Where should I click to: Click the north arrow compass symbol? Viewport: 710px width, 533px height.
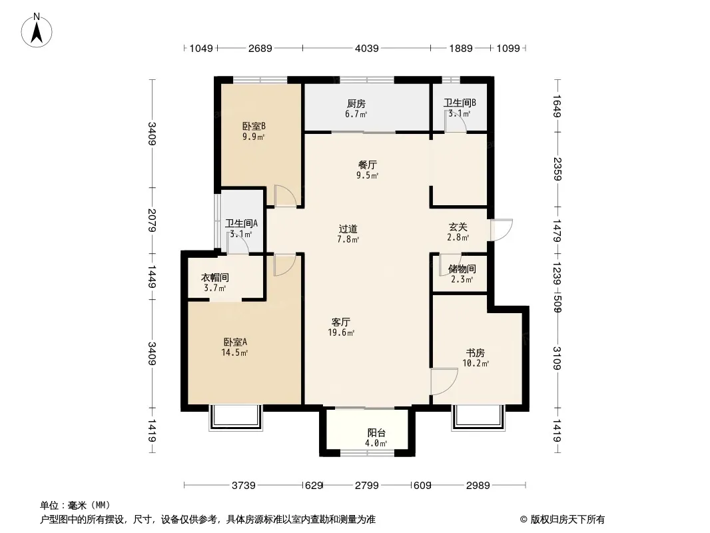point(37,31)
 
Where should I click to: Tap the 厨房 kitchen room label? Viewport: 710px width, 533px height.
point(356,104)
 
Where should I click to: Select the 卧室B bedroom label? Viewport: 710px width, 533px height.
point(254,126)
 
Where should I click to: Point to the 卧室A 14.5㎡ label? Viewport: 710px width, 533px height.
point(234,347)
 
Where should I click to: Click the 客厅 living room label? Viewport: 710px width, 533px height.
point(340,322)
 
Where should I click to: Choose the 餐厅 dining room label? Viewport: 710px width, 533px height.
point(367,165)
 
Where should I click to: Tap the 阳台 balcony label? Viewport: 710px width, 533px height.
point(376,433)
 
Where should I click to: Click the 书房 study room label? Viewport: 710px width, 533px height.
point(476,352)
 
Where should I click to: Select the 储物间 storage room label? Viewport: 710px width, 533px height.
point(462,269)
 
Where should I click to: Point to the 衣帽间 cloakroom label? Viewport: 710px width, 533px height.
point(215,278)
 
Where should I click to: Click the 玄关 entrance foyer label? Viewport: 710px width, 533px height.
point(458,227)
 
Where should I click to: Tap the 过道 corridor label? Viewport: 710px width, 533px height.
point(348,229)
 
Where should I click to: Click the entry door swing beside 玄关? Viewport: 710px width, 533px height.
point(502,230)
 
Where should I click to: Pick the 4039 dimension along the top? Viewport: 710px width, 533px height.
point(367,48)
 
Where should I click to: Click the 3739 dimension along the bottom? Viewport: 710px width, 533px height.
point(244,486)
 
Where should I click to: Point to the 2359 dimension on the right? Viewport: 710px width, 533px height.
point(557,169)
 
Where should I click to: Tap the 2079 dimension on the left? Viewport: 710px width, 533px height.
point(152,221)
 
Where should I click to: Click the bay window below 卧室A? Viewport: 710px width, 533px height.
point(236,418)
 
